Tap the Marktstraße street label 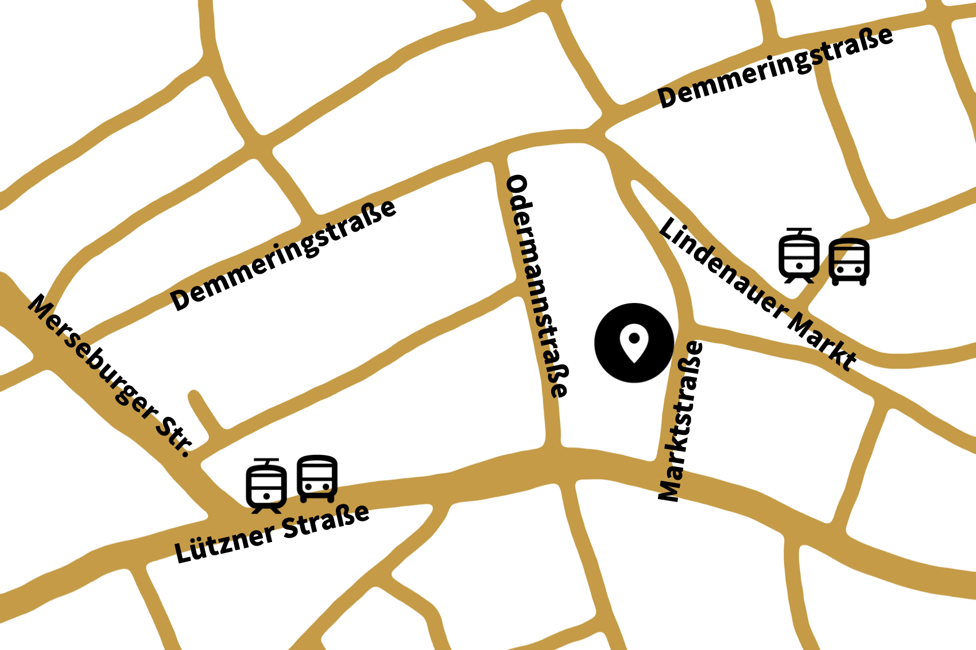pos(680,422)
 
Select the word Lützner pos(224,542)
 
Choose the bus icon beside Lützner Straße pos(317,478)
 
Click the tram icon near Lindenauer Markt pos(799,256)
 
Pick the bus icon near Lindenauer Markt pos(849,262)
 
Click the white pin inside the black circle pos(634,343)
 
